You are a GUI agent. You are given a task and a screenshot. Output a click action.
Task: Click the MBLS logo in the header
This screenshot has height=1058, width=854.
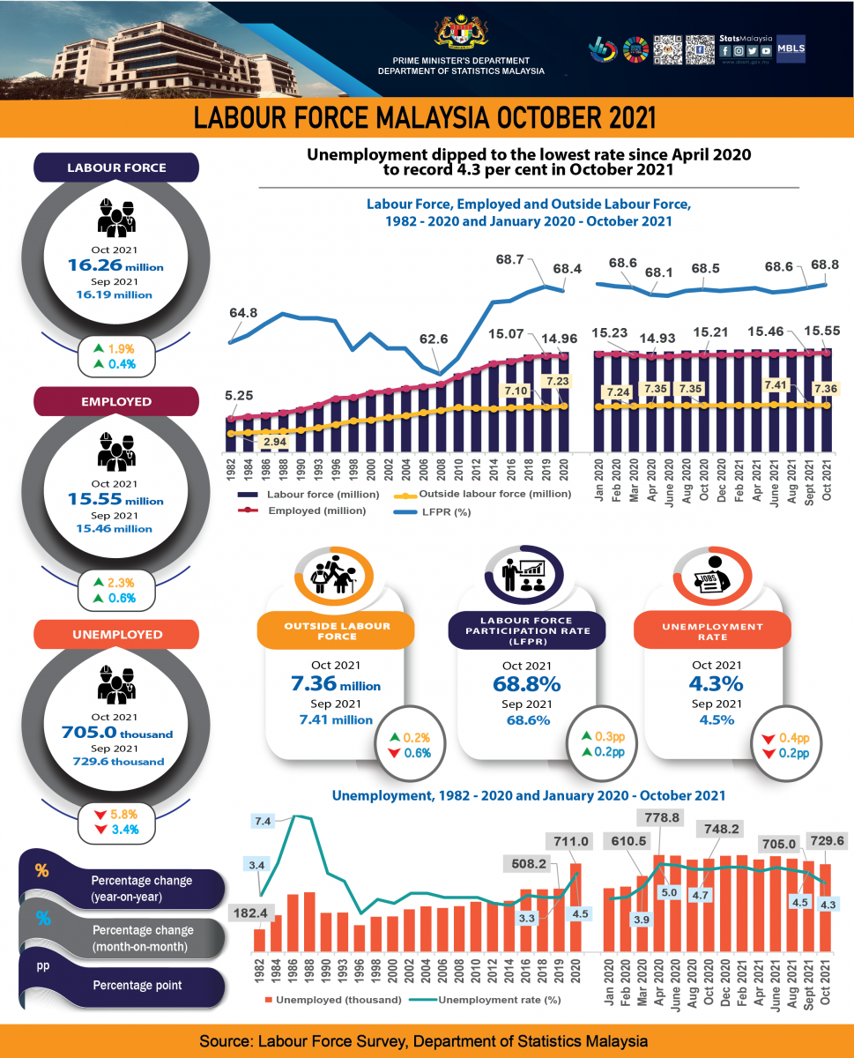click(790, 49)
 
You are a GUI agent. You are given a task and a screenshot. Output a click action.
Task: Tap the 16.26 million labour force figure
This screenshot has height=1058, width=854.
click(115, 264)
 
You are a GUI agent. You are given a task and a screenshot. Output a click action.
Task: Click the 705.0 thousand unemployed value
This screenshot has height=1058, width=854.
click(115, 733)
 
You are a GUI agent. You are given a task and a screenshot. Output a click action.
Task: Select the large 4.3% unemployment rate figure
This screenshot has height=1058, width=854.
click(715, 684)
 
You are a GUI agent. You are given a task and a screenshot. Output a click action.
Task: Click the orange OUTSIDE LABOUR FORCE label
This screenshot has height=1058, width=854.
click(336, 631)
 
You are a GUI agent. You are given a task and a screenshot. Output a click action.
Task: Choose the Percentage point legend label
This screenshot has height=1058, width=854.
click(137, 985)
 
